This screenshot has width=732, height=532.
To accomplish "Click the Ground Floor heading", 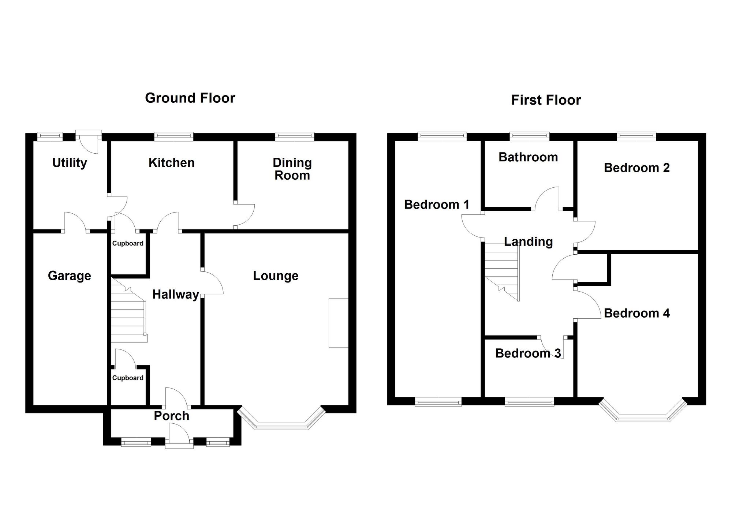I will [x=190, y=98].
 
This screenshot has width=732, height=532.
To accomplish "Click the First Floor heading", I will [x=546, y=100].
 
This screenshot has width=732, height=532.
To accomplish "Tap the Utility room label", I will [x=70, y=163].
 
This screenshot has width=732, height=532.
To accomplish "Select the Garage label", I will [x=70, y=276].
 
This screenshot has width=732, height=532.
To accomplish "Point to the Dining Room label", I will [x=292, y=169].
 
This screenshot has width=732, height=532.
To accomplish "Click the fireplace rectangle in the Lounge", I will [x=339, y=323].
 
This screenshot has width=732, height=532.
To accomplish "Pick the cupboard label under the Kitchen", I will [x=128, y=243].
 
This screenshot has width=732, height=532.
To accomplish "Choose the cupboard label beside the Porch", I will [x=128, y=378].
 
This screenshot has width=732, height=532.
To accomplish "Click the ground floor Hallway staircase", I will [x=128, y=315].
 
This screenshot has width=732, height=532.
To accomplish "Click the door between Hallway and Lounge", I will [x=212, y=282].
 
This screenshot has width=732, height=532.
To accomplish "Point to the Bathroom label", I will [x=528, y=157].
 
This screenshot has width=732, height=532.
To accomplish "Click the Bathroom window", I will [x=530, y=136].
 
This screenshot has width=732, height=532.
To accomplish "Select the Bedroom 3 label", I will [x=528, y=353].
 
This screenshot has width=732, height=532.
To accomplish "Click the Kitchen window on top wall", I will [x=173, y=136].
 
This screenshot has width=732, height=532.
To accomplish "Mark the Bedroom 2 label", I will [x=636, y=168].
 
